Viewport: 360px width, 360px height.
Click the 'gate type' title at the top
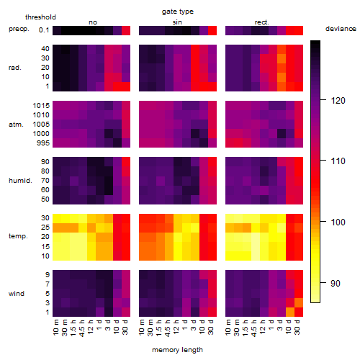pos(178,12)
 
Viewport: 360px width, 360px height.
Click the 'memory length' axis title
pos(177,350)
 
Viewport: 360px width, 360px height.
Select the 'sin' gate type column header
pos(177,22)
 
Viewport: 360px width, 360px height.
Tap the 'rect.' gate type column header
pos(261,22)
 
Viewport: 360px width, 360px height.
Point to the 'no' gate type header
pos(93,22)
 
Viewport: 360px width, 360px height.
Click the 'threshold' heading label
pos(40,17)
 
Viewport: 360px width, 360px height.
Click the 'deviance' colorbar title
pos(341,29)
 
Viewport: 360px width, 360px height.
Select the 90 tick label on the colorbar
pos(336,284)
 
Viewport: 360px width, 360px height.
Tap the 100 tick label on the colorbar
pos(338,222)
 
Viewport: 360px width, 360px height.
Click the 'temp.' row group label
pos(18,236)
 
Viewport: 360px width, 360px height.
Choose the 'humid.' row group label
pos(20,181)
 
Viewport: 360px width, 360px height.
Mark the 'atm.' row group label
pos(16,125)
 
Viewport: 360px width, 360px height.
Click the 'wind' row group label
pos(17,294)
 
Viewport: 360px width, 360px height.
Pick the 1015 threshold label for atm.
pos(41,106)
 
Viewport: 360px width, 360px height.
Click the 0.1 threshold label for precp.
pos(44,30)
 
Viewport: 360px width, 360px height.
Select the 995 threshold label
pos(43,143)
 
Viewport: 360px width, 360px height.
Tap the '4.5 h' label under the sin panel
pos(168,328)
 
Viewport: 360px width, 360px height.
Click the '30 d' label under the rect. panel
pos(297,327)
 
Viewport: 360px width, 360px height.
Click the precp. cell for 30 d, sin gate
pos(212,30)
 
